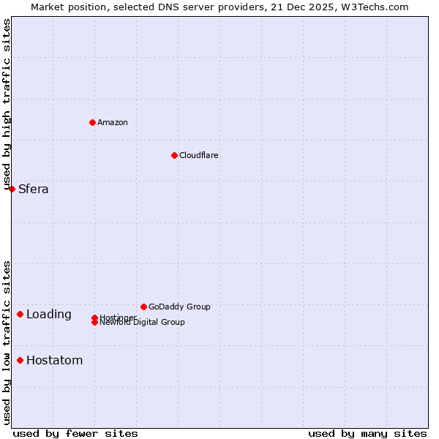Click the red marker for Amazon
(92, 122)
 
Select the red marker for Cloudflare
(174, 155)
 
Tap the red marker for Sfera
(12, 189)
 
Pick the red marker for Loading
(20, 314)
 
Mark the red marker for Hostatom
(20, 360)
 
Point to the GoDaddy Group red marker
(143, 307)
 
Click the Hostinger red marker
(94, 318)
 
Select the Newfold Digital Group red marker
(94, 323)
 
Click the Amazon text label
(113, 122)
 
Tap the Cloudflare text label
(199, 155)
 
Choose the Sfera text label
(34, 190)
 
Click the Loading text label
(49, 315)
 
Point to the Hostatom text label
(55, 361)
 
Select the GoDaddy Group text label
(179, 307)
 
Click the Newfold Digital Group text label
(143, 323)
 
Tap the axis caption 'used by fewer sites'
(75, 433)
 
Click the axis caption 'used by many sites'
(367, 433)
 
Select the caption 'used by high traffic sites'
(7, 104)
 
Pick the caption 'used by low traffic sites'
(7, 342)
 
